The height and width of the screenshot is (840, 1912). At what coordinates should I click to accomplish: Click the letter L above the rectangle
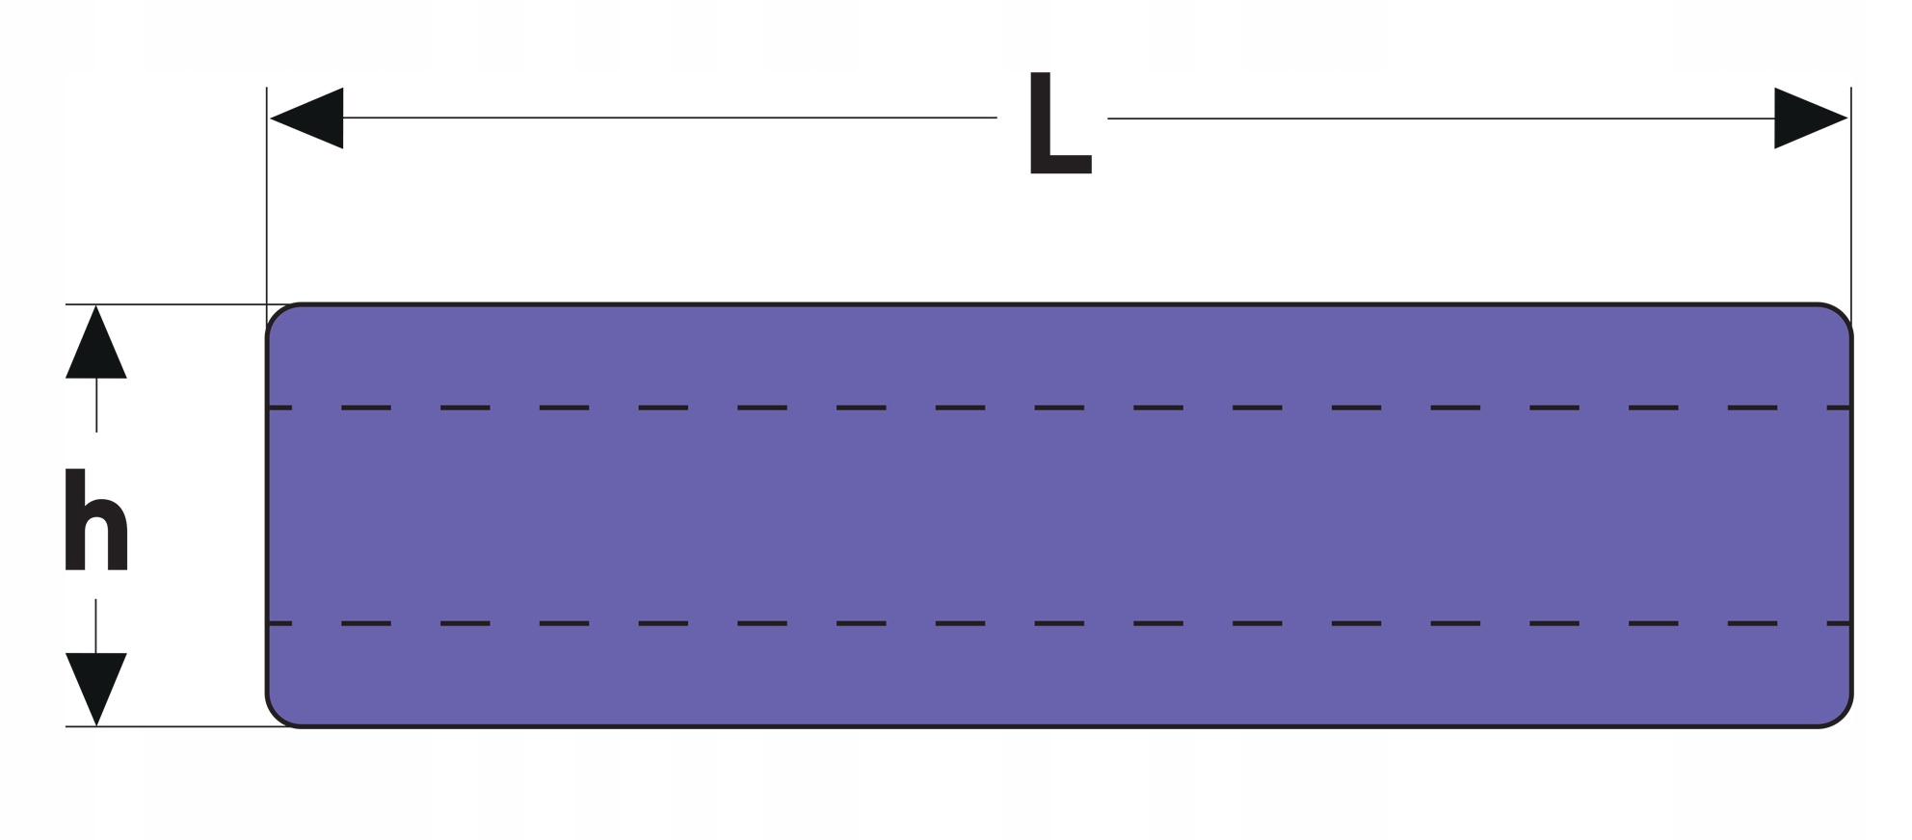click(1057, 123)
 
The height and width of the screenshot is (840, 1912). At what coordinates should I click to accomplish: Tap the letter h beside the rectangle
click(95, 520)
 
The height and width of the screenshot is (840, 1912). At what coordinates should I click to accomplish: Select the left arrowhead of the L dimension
click(310, 118)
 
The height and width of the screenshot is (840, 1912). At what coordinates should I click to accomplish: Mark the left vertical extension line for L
click(267, 193)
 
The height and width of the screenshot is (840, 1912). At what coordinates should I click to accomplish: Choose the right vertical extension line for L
click(1850, 193)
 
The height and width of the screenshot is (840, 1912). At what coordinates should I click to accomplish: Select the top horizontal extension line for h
click(173, 304)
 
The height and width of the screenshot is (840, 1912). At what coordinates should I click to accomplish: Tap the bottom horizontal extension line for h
click(173, 726)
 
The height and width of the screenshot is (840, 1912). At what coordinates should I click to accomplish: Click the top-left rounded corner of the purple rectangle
click(278, 315)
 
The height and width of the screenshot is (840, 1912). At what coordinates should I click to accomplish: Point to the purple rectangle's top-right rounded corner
click(1841, 315)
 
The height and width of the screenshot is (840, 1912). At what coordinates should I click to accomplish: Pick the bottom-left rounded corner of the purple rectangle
click(278, 716)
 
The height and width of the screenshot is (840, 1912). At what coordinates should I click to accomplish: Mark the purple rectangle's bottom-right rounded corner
click(1841, 716)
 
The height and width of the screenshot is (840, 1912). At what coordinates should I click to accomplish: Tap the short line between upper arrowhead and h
click(96, 405)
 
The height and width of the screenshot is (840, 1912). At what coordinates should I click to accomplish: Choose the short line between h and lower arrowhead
click(96, 626)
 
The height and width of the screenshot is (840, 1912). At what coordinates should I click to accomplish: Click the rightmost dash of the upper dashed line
click(1839, 408)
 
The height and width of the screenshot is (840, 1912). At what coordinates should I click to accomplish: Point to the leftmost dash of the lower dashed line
click(279, 623)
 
